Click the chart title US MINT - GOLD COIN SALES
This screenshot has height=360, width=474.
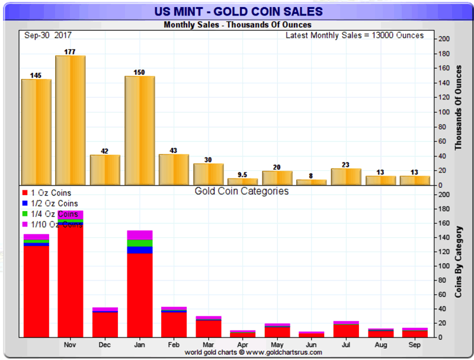[x=237, y=11]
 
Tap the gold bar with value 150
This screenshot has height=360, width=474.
[x=139, y=130]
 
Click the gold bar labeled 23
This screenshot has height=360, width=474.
[x=346, y=177]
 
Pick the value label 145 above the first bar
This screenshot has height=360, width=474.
[x=36, y=75]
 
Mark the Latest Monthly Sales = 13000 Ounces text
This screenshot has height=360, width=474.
[x=354, y=36]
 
